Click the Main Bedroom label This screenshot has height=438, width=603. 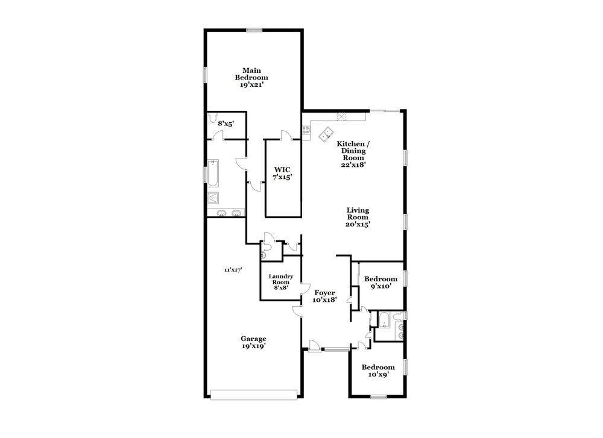click(x=251, y=77)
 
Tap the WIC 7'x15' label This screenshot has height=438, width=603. click(x=283, y=174)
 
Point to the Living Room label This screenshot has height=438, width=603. click(x=358, y=217)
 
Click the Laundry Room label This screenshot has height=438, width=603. click(x=281, y=282)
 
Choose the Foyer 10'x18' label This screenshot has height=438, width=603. click(x=324, y=296)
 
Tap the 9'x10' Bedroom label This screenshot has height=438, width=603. click(x=380, y=283)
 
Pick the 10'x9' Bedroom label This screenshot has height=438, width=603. click(x=378, y=371)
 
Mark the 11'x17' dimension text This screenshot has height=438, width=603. click(x=233, y=270)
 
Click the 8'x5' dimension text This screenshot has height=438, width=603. click(x=226, y=124)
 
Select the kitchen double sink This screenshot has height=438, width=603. click(x=328, y=133)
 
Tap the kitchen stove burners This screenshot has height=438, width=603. click(x=306, y=128)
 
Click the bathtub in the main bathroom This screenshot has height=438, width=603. click(x=213, y=173)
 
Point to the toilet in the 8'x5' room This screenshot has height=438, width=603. click(x=212, y=119)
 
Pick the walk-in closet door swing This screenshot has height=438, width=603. click(x=286, y=135)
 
